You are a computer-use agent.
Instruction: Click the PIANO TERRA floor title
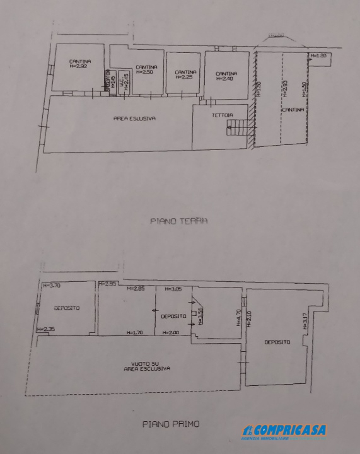(179, 221)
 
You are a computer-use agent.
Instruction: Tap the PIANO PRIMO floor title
(170, 424)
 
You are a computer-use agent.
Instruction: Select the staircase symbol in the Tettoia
(237, 129)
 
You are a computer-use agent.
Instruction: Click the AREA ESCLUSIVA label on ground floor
(134, 119)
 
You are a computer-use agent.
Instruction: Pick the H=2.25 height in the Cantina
(184, 78)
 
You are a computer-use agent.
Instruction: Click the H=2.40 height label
(224, 78)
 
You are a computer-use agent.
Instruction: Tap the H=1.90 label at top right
(320, 55)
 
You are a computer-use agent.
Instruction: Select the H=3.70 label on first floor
(52, 286)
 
